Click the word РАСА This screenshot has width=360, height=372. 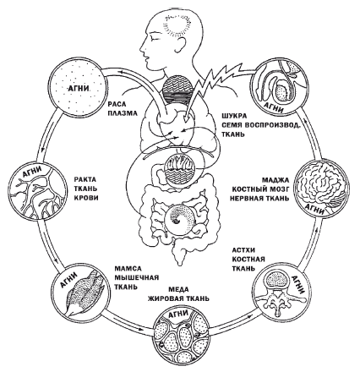click(x=117, y=104)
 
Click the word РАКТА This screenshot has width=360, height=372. click(x=85, y=179)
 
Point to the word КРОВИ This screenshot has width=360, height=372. click(x=86, y=198)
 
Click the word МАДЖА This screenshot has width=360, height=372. click(x=275, y=180)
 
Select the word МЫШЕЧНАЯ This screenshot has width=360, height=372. click(x=137, y=278)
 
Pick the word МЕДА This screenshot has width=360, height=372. click(x=178, y=289)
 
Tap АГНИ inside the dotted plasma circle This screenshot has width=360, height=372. click(x=79, y=89)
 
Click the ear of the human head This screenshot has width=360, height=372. click(x=182, y=44)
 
